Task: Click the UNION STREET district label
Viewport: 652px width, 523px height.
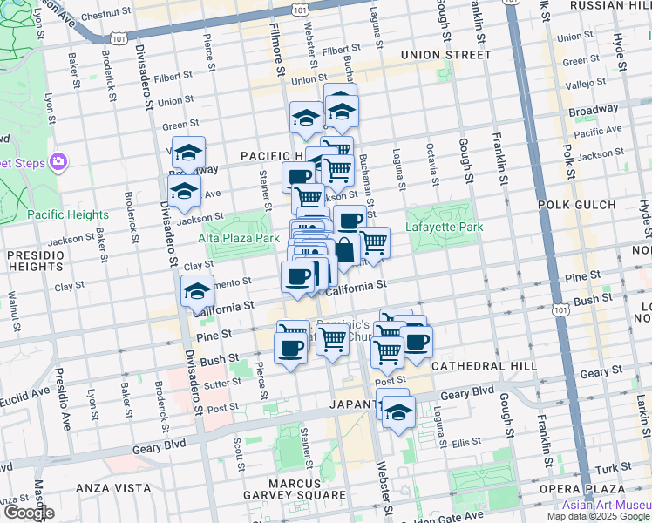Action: point(445,55)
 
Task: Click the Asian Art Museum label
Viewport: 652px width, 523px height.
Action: point(606,505)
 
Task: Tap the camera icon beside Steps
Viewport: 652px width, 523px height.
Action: point(58,161)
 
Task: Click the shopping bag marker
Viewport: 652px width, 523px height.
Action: point(345,249)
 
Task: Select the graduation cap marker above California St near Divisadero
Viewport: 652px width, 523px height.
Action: point(198,290)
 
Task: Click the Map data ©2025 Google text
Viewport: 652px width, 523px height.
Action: point(599,516)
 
